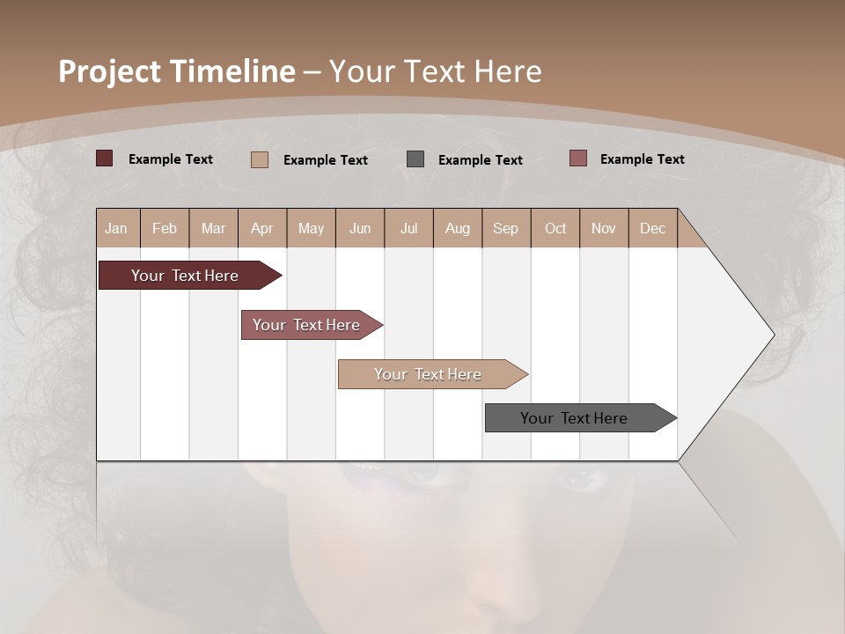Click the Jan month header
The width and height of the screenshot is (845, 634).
point(117,228)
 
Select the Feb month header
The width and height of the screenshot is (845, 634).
point(165,228)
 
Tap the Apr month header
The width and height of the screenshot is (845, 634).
point(262,228)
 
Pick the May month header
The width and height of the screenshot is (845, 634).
point(311,228)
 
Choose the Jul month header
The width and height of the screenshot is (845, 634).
point(408,228)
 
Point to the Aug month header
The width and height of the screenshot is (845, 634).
point(458,228)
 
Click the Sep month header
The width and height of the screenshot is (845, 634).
point(506,228)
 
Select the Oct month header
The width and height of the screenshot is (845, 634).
point(555,228)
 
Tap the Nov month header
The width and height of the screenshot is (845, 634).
point(604,228)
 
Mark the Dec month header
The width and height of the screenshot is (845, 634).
point(653,228)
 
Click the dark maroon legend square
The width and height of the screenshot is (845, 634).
point(105,158)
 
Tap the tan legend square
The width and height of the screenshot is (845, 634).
point(260,159)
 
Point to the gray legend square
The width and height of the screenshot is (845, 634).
point(415,159)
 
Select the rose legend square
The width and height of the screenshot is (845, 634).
point(577,158)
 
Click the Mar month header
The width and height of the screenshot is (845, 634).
point(213,228)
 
